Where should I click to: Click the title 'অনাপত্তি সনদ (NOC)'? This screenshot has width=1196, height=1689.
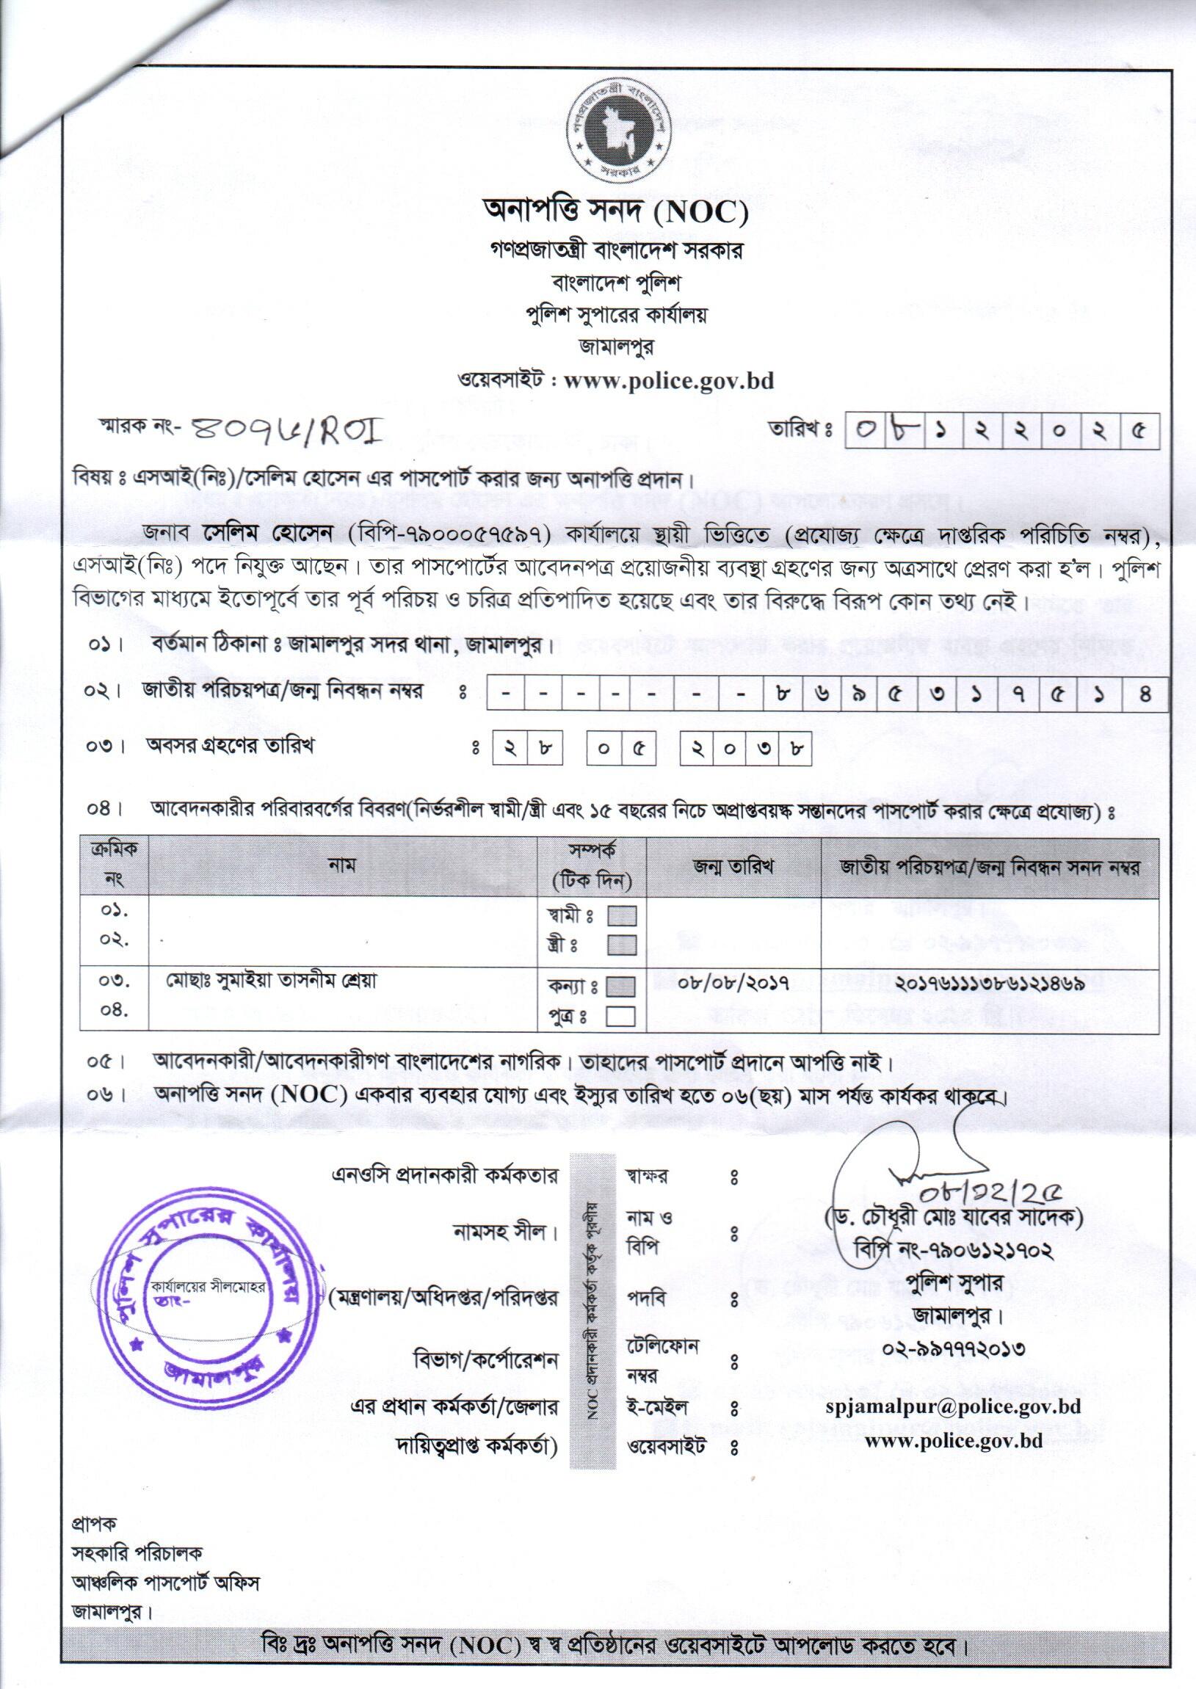(x=615, y=213)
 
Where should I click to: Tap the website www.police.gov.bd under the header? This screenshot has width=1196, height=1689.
(x=668, y=381)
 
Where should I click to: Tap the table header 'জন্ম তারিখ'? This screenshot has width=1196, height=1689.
(x=733, y=868)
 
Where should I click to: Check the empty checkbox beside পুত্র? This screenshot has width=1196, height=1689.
(x=620, y=1017)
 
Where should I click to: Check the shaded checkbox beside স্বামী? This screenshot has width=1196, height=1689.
(x=621, y=916)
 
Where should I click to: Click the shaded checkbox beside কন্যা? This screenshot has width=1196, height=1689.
(x=620, y=988)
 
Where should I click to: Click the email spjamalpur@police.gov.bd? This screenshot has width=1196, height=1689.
(x=953, y=1406)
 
